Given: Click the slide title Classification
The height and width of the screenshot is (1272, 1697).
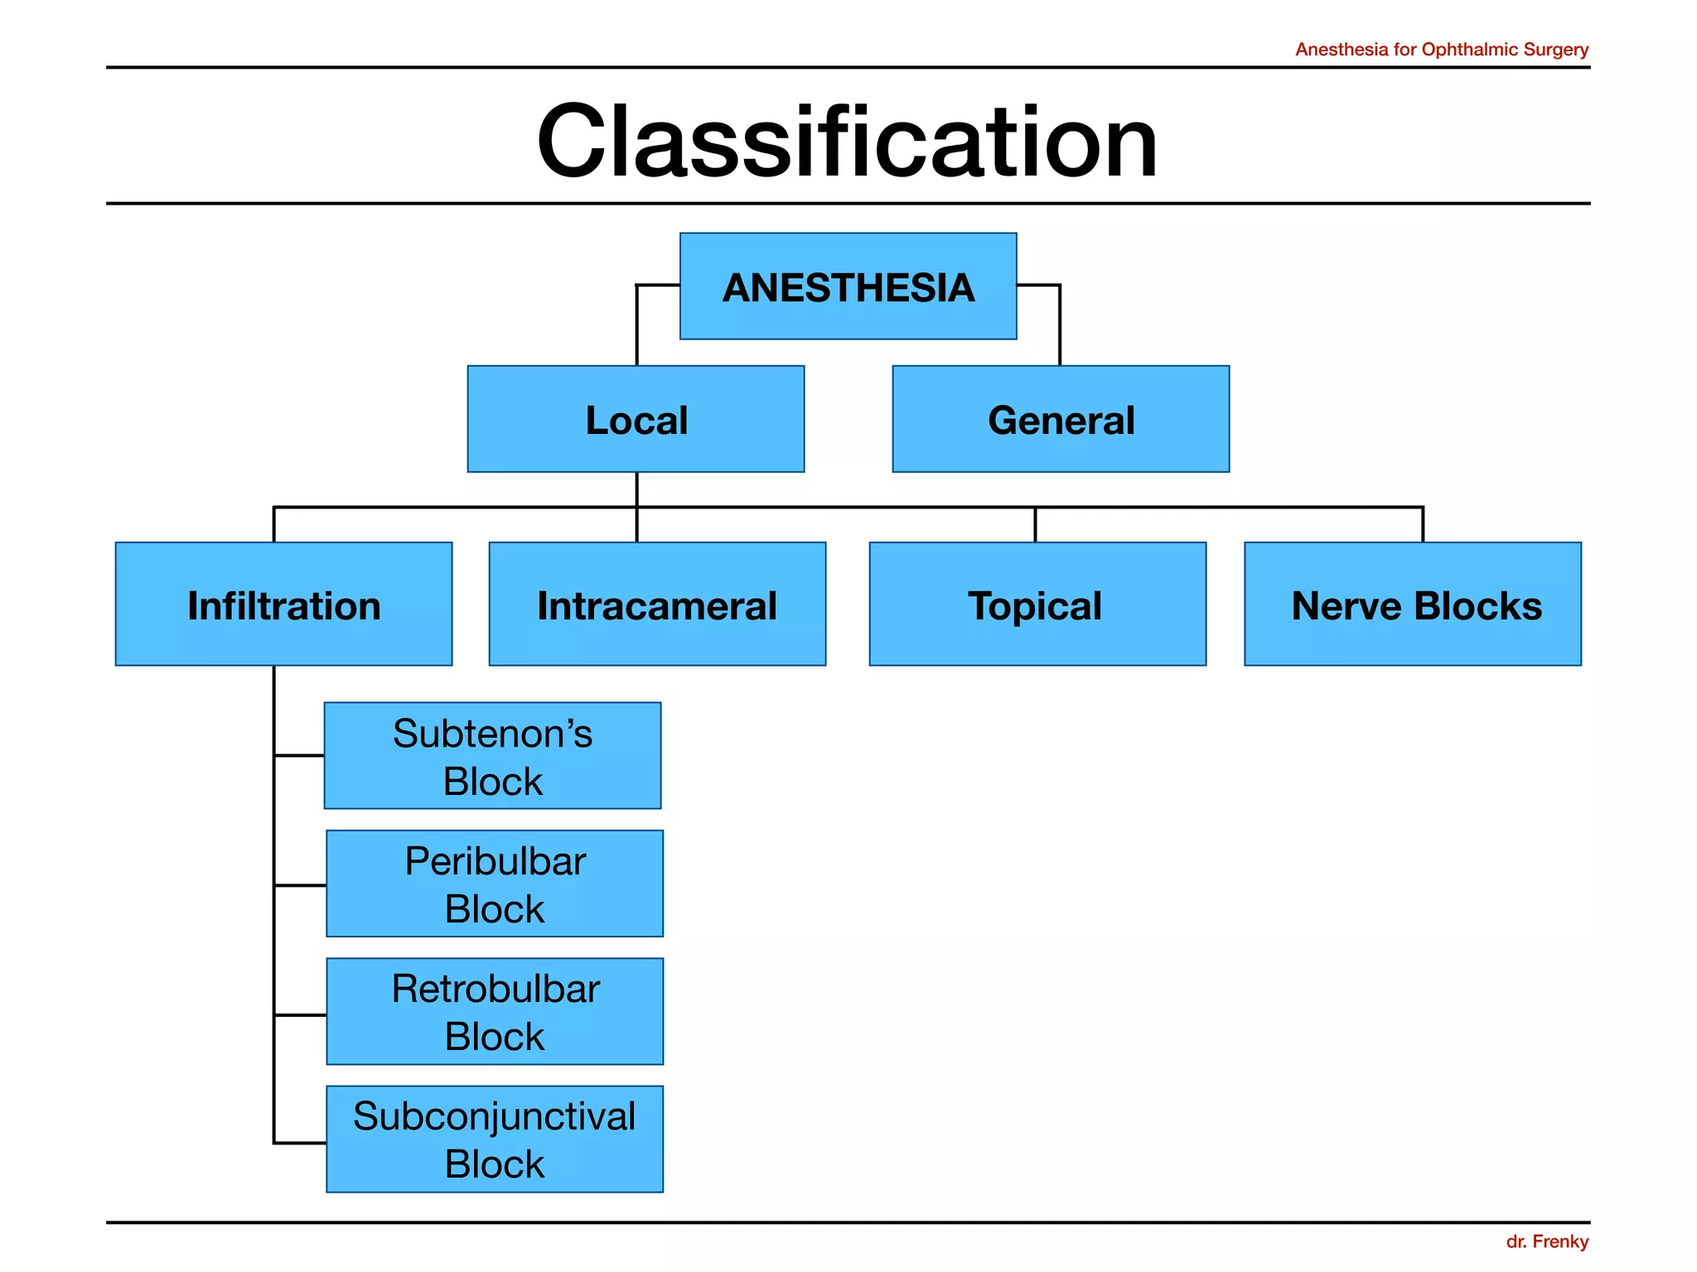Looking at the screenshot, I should (x=847, y=141).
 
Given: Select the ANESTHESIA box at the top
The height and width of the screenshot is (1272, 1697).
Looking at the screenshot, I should (x=848, y=287).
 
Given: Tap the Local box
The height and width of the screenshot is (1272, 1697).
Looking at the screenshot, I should (x=636, y=419).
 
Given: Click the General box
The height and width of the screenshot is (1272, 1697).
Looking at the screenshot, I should (x=1061, y=419).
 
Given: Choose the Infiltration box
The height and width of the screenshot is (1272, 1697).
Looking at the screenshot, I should (x=283, y=605).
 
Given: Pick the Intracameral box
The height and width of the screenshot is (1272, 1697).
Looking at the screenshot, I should (x=657, y=605).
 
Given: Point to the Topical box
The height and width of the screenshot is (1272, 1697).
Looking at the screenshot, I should (x=1037, y=605).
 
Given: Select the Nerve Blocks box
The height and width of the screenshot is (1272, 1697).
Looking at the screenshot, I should (x=1412, y=605).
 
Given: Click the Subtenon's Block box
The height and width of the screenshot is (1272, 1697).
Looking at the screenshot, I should (x=492, y=756).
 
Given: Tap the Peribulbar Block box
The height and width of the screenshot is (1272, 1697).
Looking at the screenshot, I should (x=495, y=884).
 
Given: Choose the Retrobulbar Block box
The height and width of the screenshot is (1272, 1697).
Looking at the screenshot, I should (x=495, y=1011).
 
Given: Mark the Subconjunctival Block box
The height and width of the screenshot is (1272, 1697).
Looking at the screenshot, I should (x=495, y=1139).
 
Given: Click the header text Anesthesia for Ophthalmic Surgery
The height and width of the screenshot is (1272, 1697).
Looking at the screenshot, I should (x=1441, y=50).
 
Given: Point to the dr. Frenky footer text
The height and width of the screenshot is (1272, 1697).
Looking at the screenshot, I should (x=1546, y=1241).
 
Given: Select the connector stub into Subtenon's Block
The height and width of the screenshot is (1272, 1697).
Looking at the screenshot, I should (x=299, y=755).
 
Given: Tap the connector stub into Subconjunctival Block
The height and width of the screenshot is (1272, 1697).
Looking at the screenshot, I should (x=300, y=1143).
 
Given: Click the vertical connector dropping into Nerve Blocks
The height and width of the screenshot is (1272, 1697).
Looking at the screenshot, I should (x=1423, y=524).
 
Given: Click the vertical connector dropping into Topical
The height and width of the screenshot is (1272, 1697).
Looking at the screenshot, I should (x=1035, y=525).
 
